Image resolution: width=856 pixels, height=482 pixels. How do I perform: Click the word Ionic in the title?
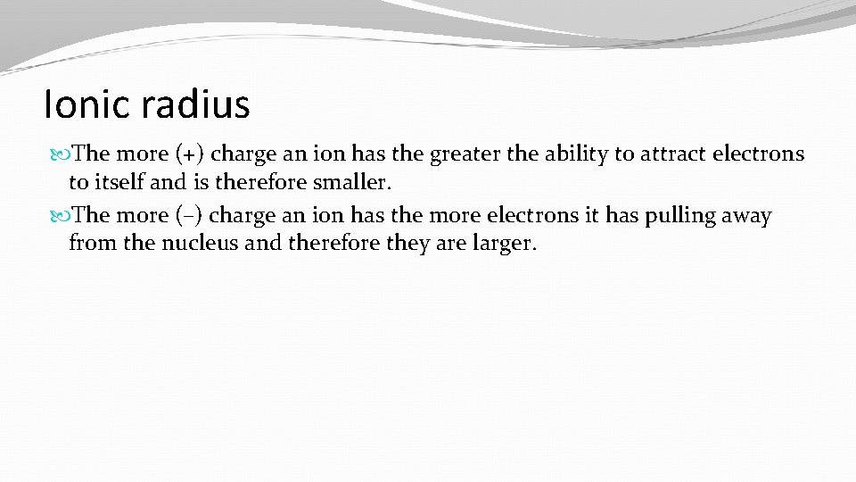(86, 104)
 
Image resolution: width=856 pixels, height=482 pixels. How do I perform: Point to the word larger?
(503, 245)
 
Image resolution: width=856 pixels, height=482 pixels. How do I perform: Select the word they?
(413, 245)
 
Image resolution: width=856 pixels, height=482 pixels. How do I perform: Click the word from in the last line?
(89, 245)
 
